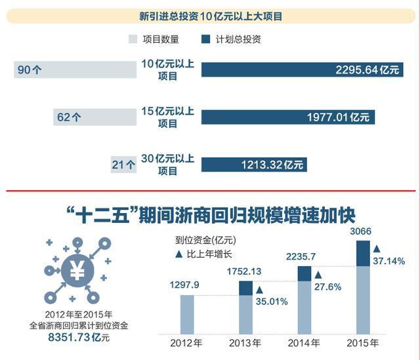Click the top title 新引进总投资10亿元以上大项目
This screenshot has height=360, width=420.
coord(211,16)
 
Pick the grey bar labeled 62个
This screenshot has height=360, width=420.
coord(94,117)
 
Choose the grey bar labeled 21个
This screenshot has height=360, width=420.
coord(124,165)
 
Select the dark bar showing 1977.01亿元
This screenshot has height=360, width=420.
coord(288,117)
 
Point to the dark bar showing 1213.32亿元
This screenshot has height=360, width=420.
coord(253,165)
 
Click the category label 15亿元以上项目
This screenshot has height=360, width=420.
coord(169,117)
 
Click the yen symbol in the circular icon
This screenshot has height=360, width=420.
coord(77,270)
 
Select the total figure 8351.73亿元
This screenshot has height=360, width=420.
coord(78,337)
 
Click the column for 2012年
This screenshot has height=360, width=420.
coord(186,314)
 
